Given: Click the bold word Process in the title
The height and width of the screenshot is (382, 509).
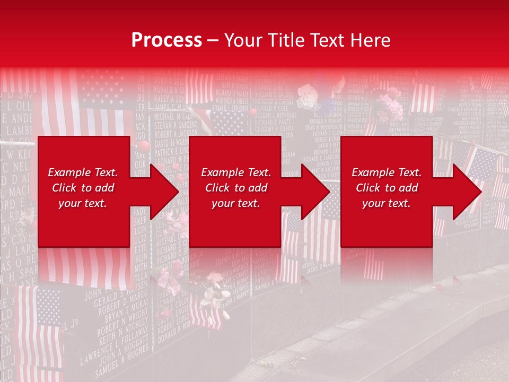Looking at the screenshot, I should tap(166, 40).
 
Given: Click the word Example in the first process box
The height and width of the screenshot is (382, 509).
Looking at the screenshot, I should tap(69, 172).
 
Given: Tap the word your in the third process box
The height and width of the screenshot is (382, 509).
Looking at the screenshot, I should tap(374, 203).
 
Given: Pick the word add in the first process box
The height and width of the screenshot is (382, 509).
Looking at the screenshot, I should tap(104, 188).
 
